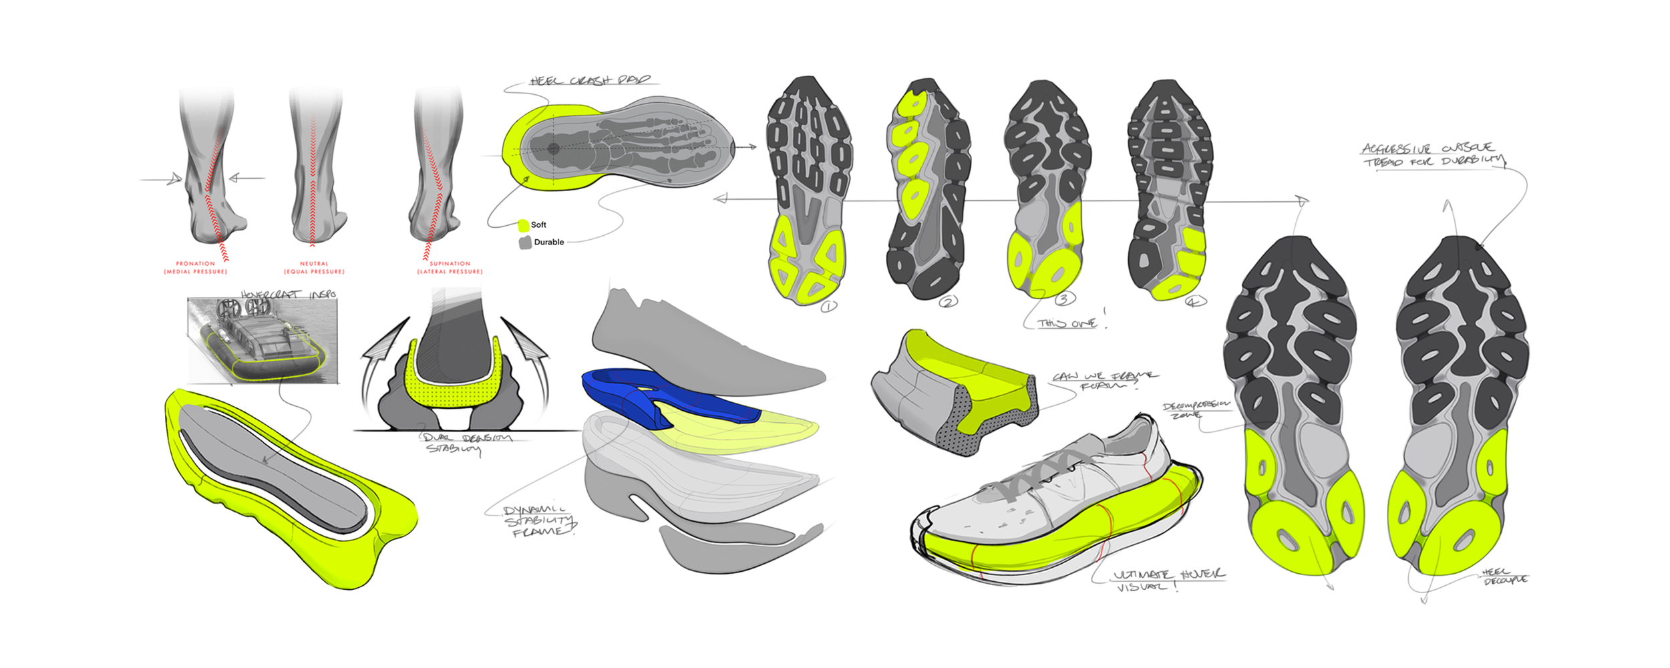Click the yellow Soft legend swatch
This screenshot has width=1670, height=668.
point(524,225)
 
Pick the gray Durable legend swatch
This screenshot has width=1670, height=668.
point(525,242)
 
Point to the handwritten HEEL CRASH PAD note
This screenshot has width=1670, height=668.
point(589,81)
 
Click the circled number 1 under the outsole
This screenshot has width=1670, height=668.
point(828,307)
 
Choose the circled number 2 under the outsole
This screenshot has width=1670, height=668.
point(949,302)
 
